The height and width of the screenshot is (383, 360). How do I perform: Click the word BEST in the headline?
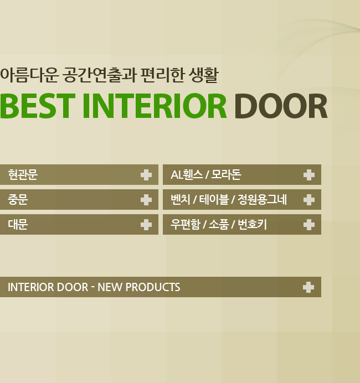tap(37, 106)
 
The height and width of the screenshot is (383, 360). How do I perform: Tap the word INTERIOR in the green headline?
tap(155, 106)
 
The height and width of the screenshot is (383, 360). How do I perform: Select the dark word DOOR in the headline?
tap(281, 106)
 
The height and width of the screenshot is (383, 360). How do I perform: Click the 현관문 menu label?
tap(23, 175)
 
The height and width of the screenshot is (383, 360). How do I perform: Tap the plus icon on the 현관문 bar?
tap(146, 175)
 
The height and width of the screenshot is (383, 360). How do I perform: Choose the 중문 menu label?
tap(18, 200)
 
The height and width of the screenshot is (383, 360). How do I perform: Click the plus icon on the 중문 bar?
tap(146, 200)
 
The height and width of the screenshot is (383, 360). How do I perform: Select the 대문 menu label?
tap(18, 225)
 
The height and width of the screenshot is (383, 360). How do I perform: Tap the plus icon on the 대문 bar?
tap(146, 225)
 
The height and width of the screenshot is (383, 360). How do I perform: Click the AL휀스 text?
tap(187, 175)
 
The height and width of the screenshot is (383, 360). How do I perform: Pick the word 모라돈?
tap(227, 175)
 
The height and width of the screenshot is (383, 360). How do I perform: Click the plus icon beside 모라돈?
tap(309, 175)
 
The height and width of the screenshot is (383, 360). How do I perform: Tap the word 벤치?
tap(181, 200)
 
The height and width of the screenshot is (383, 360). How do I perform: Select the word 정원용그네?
tap(262, 200)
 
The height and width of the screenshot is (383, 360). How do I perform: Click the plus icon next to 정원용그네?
tap(309, 200)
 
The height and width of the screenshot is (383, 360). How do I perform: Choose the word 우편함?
tap(185, 225)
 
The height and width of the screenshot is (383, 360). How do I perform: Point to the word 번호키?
tap(252, 225)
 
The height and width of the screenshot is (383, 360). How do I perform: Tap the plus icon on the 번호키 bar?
tap(309, 225)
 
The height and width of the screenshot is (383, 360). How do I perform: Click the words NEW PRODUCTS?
tap(139, 287)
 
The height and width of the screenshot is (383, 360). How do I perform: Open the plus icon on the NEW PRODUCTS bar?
tap(308, 287)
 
